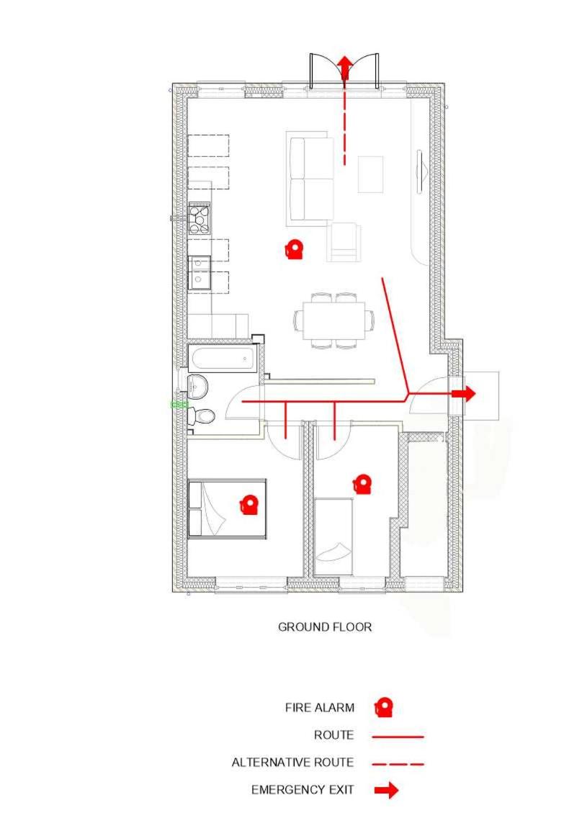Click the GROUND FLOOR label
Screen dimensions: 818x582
click(x=325, y=627)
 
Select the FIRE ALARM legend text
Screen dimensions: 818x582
click(x=320, y=708)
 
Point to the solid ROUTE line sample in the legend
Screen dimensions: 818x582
click(x=398, y=737)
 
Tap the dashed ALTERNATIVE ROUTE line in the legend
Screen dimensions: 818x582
click(x=398, y=763)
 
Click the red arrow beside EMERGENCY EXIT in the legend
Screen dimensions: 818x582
click(x=387, y=791)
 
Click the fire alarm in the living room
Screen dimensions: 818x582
click(x=294, y=250)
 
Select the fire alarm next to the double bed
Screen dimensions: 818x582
click(x=249, y=505)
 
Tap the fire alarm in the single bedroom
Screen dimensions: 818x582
click(x=362, y=484)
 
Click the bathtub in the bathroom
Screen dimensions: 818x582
click(x=222, y=358)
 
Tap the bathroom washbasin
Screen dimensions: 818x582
click(x=197, y=385)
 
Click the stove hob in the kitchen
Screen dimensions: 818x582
click(x=200, y=219)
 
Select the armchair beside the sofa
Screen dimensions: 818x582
click(x=344, y=241)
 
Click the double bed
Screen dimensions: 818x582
click(x=227, y=509)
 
